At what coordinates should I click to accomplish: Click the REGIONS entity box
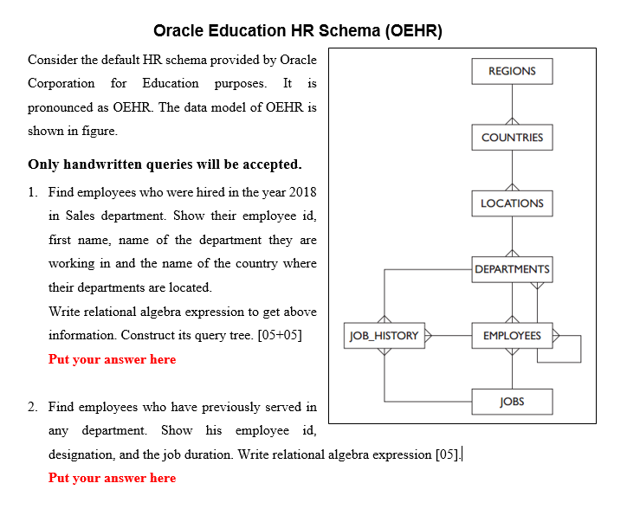(512, 71)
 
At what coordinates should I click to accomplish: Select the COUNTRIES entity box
(512, 138)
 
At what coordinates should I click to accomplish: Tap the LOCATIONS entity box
(512, 203)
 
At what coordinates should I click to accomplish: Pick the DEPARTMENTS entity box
(512, 269)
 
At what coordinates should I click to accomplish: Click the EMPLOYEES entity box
(512, 336)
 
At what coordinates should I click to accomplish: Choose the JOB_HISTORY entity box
(383, 336)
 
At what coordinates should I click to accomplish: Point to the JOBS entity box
(512, 402)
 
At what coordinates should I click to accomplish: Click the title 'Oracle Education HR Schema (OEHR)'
(297, 31)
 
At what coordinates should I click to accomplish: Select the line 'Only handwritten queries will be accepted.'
(165, 164)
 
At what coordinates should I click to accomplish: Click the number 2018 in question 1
(301, 191)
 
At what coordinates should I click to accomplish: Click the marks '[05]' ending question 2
(448, 454)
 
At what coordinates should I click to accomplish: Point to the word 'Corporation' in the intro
(61, 84)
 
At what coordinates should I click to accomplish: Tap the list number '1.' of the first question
(33, 191)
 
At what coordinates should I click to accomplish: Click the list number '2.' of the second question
(33, 407)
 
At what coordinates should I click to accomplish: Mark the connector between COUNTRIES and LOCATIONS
(512, 171)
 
